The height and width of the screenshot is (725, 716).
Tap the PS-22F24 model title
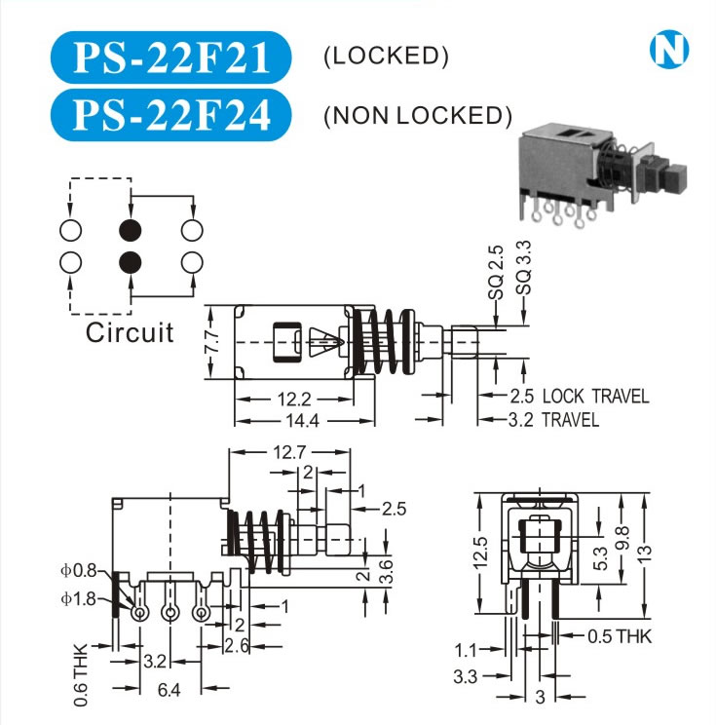[x=170, y=114]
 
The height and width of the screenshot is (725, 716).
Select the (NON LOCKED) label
[x=417, y=116]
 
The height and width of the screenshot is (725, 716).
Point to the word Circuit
[x=130, y=333]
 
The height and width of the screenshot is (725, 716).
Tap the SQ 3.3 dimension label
[x=524, y=272]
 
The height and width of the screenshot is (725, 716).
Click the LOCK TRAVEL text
[x=594, y=397]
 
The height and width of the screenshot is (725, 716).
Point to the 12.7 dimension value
[x=290, y=452]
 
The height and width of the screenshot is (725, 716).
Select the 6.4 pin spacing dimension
[x=170, y=690]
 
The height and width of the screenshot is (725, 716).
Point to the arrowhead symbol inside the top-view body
[x=326, y=343]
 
